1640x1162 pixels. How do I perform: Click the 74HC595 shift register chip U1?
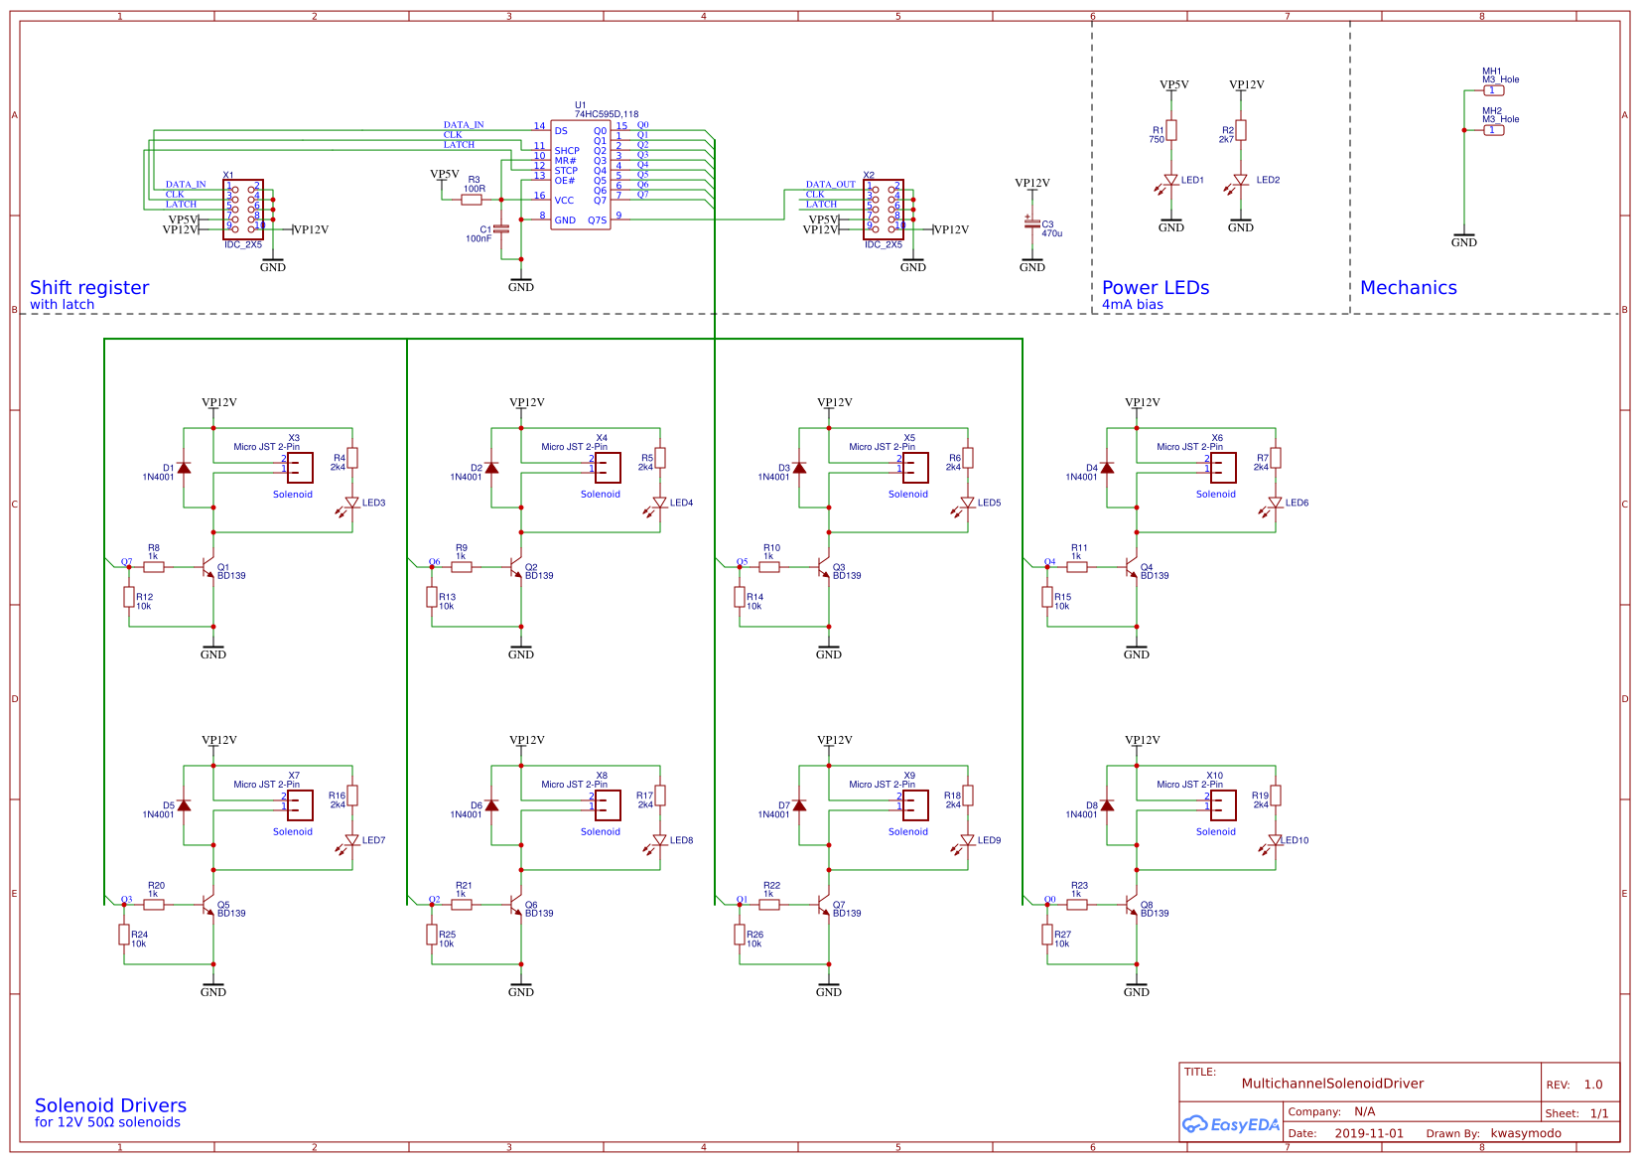pos(581,175)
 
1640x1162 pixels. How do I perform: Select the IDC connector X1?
pos(243,209)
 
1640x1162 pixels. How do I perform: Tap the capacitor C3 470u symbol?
pos(1032,223)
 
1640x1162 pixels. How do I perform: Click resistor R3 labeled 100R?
pos(473,200)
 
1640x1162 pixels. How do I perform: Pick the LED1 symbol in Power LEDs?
pos(1171,182)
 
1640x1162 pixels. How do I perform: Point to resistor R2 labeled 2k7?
pos(1241,130)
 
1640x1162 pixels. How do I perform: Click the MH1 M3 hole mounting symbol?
pos(1493,90)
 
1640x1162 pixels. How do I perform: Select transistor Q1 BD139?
pos(207,568)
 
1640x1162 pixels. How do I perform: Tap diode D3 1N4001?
pos(799,468)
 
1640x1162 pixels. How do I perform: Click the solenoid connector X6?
pos(1223,467)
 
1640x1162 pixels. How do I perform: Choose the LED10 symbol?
pos(1276,840)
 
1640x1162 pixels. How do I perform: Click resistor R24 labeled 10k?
pos(124,935)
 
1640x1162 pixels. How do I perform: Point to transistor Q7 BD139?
pos(823,906)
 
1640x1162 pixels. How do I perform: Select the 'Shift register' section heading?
pos(89,288)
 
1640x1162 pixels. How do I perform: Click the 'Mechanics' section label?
pos(1408,288)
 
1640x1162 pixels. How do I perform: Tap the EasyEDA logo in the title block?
pos(1231,1124)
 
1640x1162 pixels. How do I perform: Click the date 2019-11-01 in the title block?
pos(1368,1133)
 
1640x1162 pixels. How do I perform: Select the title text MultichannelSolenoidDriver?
pos(1332,1084)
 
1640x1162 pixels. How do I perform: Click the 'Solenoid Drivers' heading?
pos(110,1105)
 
